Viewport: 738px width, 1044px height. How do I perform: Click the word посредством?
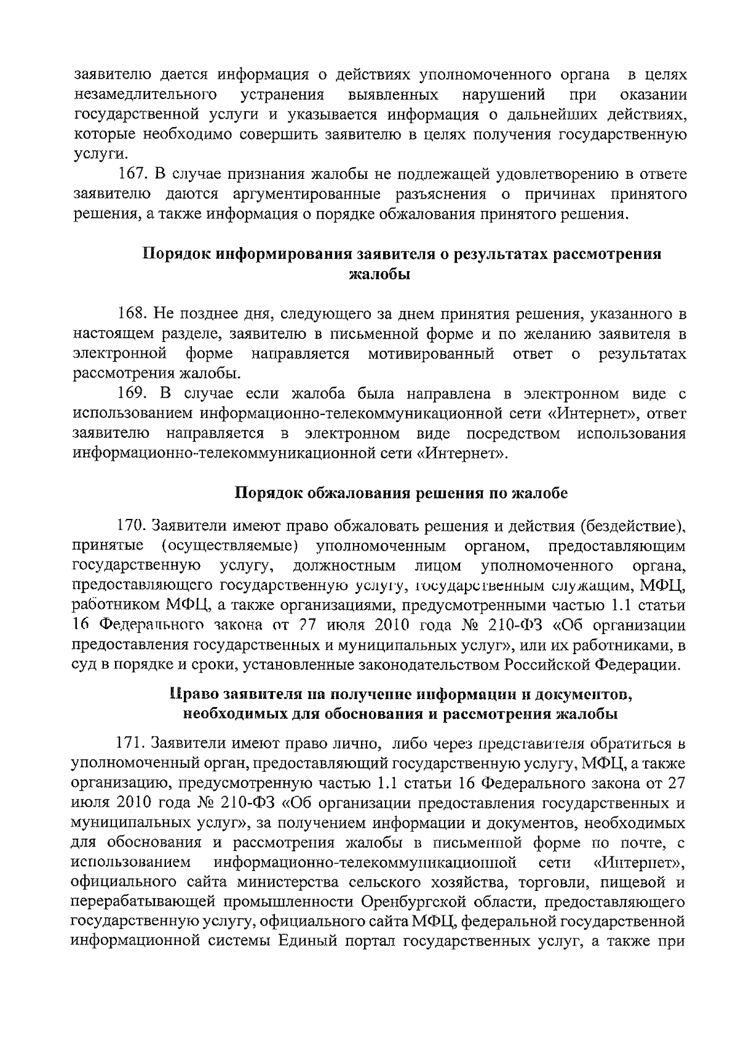pyautogui.click(x=513, y=433)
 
